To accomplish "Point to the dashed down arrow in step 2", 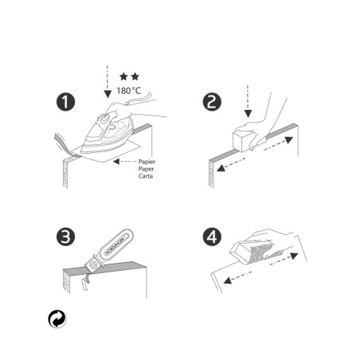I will point(248,100).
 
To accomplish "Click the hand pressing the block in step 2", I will point(267,115).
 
